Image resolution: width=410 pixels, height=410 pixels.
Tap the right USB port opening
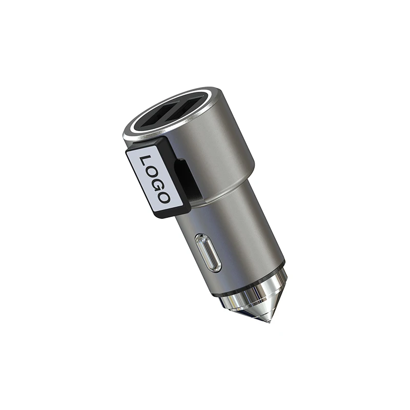[188, 108]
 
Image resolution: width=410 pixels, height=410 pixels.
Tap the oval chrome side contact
[208, 252]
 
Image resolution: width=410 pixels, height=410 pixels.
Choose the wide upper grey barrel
[220, 149]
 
